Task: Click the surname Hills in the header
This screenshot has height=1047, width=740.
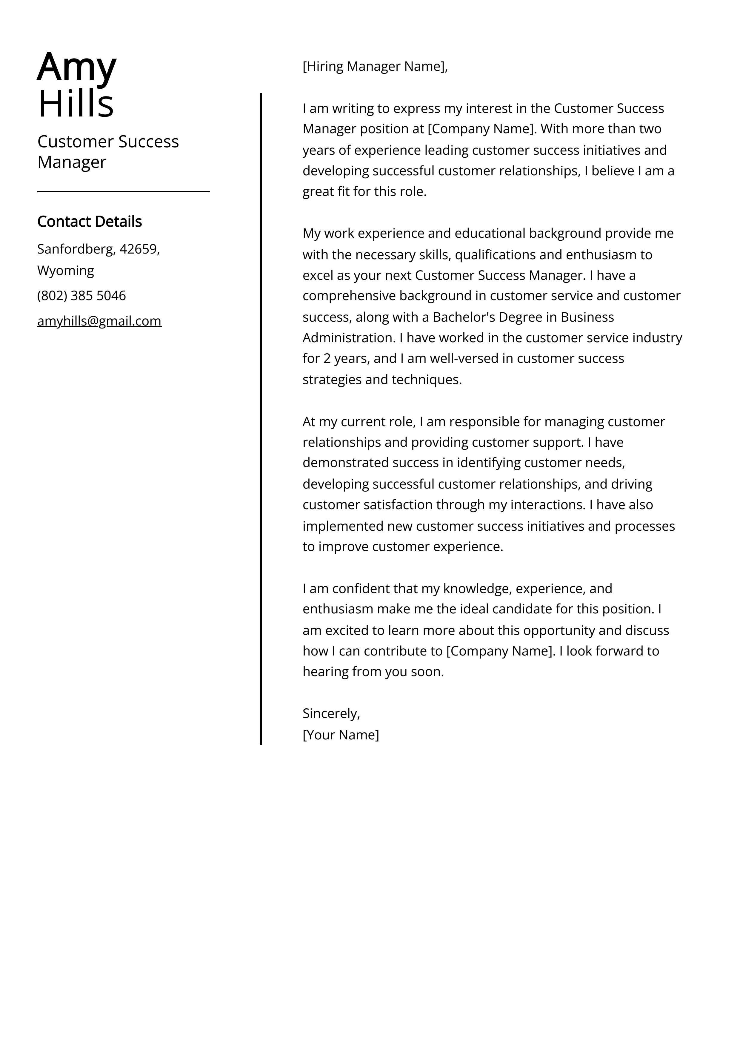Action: (76, 104)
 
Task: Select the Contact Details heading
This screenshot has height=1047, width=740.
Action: (89, 222)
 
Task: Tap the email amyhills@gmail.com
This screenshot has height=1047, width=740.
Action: (99, 321)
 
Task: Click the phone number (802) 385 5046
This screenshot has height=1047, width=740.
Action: (81, 295)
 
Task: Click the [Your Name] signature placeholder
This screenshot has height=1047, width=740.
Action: (341, 735)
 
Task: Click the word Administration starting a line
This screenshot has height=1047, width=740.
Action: (348, 338)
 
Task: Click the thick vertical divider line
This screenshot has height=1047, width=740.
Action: (261, 410)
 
